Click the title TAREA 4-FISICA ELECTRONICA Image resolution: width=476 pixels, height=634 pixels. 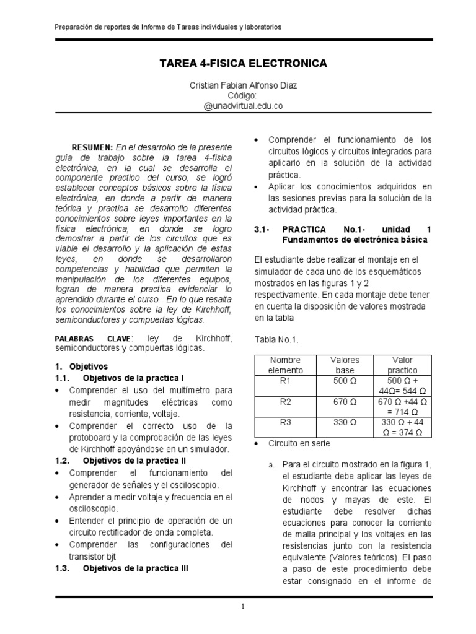[x=243, y=64]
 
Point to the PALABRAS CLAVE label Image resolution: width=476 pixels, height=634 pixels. [x=94, y=339]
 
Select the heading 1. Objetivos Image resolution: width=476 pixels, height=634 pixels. [x=81, y=367]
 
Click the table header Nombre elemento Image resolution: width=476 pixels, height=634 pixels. [x=284, y=365]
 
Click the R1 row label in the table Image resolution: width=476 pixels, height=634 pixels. [x=285, y=381]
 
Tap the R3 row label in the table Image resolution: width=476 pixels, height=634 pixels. [x=285, y=423]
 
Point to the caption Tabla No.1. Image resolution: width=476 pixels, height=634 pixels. [x=276, y=339]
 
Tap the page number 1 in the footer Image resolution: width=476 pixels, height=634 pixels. [x=243, y=607]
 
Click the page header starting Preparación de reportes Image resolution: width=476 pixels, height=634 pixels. [x=168, y=27]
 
